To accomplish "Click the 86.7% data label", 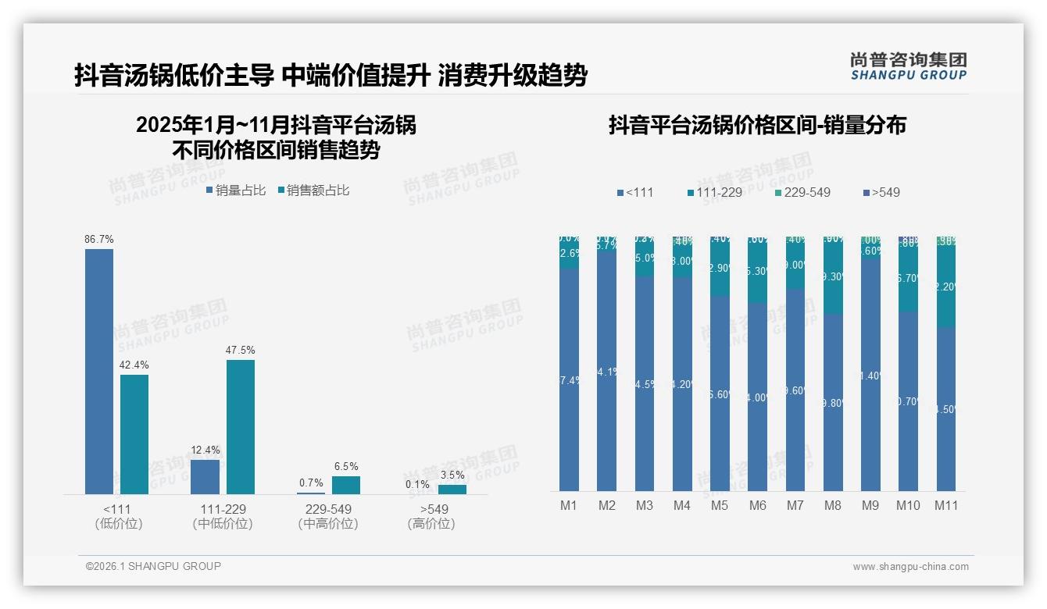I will (x=99, y=239).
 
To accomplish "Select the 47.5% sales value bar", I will (x=241, y=426).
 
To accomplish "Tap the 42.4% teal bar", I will (x=134, y=434).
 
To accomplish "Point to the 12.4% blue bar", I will (x=205, y=476).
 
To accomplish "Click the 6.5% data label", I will (x=346, y=466).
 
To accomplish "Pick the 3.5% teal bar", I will (x=452, y=490).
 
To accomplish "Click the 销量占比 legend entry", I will (x=236, y=190).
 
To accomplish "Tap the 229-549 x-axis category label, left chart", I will (x=328, y=509).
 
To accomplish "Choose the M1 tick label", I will (x=569, y=505).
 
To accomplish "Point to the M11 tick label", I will (x=946, y=505).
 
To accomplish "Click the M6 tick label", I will (x=757, y=505).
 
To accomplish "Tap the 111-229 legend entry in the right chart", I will (x=714, y=192).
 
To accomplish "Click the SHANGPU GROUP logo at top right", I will (x=908, y=66).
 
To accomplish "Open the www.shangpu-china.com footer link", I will (x=910, y=567).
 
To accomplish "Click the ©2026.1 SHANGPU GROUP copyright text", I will (x=153, y=566).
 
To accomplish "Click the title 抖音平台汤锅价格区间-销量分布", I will (x=757, y=125).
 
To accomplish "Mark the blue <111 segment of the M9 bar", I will (x=870, y=375).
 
